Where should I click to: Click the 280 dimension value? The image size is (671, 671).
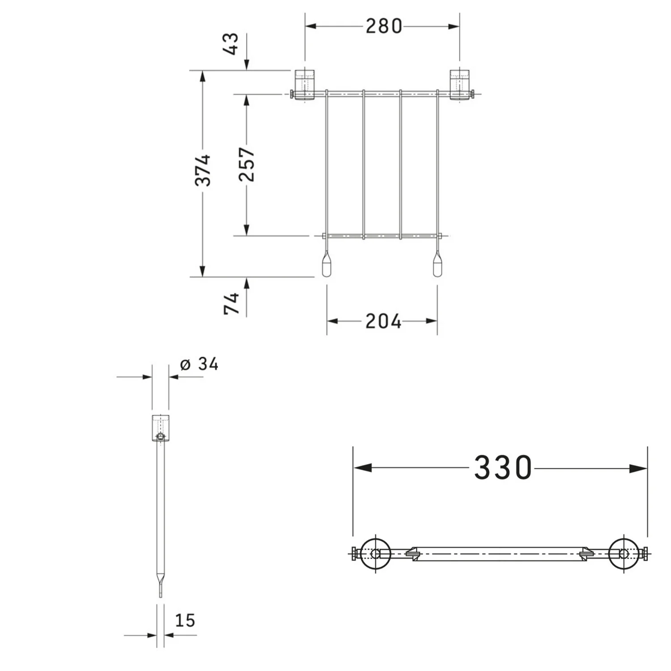(384, 26)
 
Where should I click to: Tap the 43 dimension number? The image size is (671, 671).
(234, 44)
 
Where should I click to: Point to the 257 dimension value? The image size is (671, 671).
(246, 164)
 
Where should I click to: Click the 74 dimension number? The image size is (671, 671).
(232, 303)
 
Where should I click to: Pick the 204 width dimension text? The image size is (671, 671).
(383, 321)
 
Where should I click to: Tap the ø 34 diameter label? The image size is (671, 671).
(199, 364)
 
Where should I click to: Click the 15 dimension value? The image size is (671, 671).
(185, 620)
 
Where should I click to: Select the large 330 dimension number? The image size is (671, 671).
(503, 468)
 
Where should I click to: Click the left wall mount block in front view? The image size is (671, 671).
(305, 85)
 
